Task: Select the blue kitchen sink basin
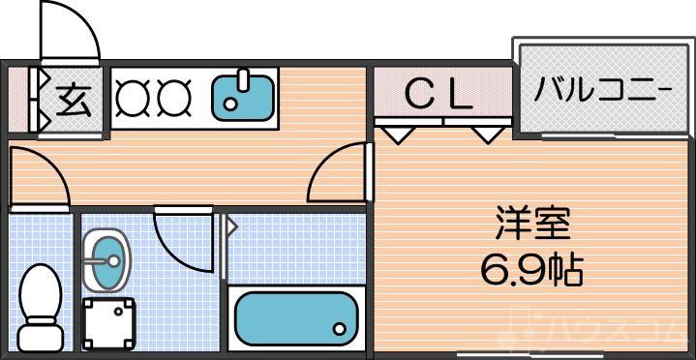242,96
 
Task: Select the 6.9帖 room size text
531,268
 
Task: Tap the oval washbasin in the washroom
105,258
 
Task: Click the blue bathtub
295,315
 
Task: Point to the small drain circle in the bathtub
340,329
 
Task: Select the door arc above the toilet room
39,179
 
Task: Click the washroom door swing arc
184,237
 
